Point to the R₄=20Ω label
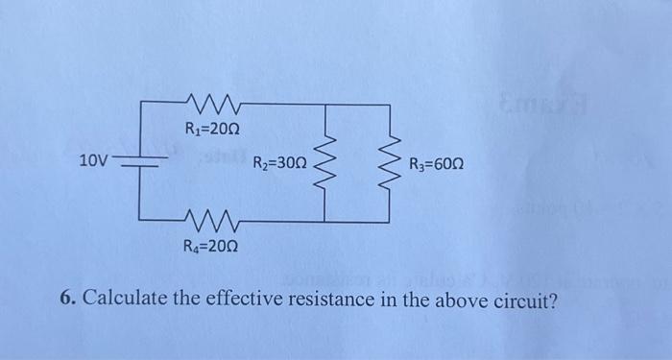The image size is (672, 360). coord(211,247)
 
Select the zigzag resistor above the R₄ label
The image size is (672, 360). coord(217,221)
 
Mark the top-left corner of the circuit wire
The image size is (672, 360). coord(142,99)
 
